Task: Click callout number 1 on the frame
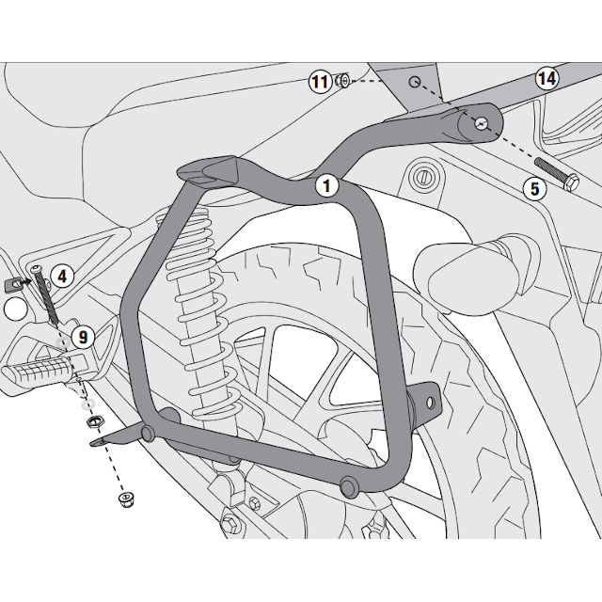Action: click(x=325, y=185)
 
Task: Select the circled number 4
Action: click(x=62, y=276)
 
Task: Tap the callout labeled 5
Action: click(x=534, y=188)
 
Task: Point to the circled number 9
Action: click(x=81, y=334)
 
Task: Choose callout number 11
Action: click(x=320, y=83)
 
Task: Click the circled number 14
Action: click(x=547, y=78)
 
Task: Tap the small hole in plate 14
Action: click(x=412, y=83)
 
